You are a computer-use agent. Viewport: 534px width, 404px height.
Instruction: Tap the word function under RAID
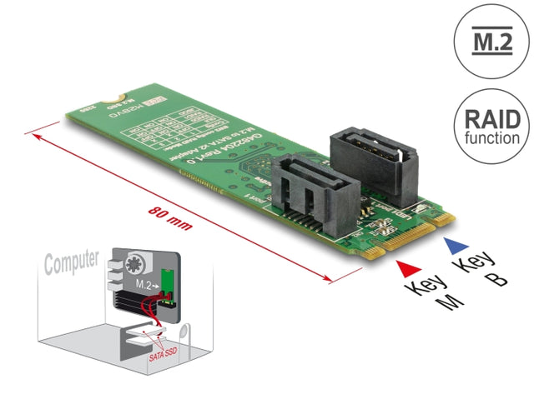491,138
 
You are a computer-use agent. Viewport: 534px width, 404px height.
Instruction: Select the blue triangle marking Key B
452,245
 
